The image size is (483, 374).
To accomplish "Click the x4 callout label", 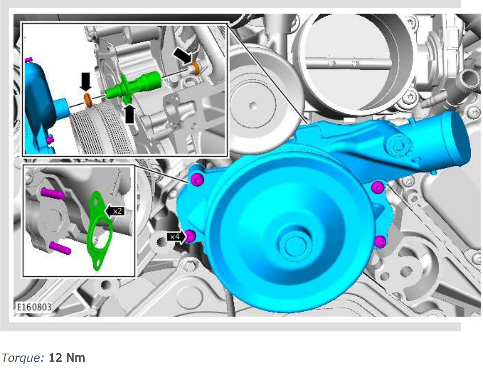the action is coord(175,237).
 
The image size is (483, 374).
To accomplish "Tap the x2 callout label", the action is coord(115,211).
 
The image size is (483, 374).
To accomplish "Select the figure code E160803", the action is coord(34,307).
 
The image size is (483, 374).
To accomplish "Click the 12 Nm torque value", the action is coord(67,358).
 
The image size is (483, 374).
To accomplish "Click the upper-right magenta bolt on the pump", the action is coord(378,187).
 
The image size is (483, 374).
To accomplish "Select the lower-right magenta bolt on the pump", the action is coord(380,242).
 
